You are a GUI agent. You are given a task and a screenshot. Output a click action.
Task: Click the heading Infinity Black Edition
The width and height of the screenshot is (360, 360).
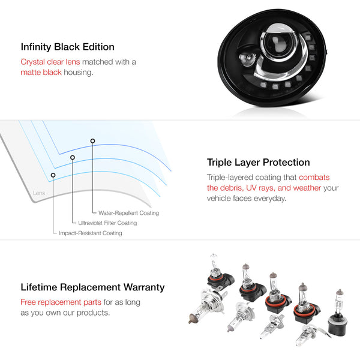(67, 47)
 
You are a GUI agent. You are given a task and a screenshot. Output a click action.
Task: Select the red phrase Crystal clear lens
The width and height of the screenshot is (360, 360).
(50, 62)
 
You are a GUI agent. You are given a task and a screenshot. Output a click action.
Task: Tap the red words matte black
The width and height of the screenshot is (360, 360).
(41, 73)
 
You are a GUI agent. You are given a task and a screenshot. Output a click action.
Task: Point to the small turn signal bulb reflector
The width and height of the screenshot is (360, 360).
(247, 59)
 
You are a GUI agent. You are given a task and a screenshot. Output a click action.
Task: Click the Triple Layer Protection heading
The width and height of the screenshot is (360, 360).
(258, 163)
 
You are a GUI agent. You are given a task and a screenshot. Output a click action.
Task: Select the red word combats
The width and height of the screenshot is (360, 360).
(314, 177)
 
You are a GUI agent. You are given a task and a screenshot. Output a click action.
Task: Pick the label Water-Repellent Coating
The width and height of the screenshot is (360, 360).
(128, 213)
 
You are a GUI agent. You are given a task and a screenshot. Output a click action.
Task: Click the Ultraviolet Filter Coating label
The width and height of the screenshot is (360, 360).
(107, 223)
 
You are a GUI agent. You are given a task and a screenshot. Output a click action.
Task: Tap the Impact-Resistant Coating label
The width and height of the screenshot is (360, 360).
(91, 233)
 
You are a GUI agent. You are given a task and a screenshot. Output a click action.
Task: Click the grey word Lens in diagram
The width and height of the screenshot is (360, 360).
(39, 193)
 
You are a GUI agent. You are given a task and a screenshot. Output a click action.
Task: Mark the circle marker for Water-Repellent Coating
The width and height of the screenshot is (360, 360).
(92, 141)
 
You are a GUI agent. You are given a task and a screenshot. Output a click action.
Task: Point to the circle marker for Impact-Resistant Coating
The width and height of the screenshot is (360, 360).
(53, 175)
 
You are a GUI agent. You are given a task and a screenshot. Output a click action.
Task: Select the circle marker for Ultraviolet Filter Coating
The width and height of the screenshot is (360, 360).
(73, 157)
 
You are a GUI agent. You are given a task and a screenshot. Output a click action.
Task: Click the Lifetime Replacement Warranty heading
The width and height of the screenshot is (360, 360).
(92, 287)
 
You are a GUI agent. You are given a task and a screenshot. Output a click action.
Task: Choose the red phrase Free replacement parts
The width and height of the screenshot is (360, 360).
(61, 302)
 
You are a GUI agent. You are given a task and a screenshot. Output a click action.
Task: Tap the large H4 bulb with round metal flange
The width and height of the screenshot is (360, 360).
(206, 305)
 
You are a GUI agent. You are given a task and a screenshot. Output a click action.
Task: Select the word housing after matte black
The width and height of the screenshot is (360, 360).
(79, 73)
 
